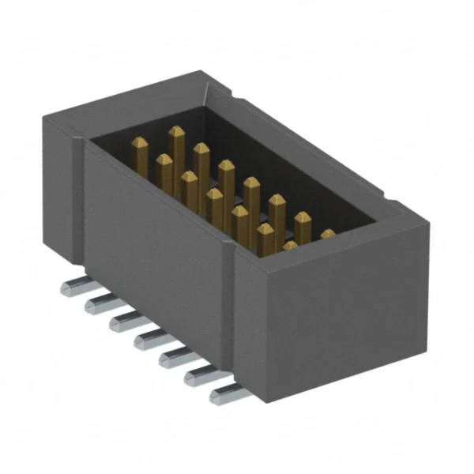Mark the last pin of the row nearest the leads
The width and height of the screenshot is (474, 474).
(x=290, y=246)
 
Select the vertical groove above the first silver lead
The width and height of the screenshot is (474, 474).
(x=78, y=205)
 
